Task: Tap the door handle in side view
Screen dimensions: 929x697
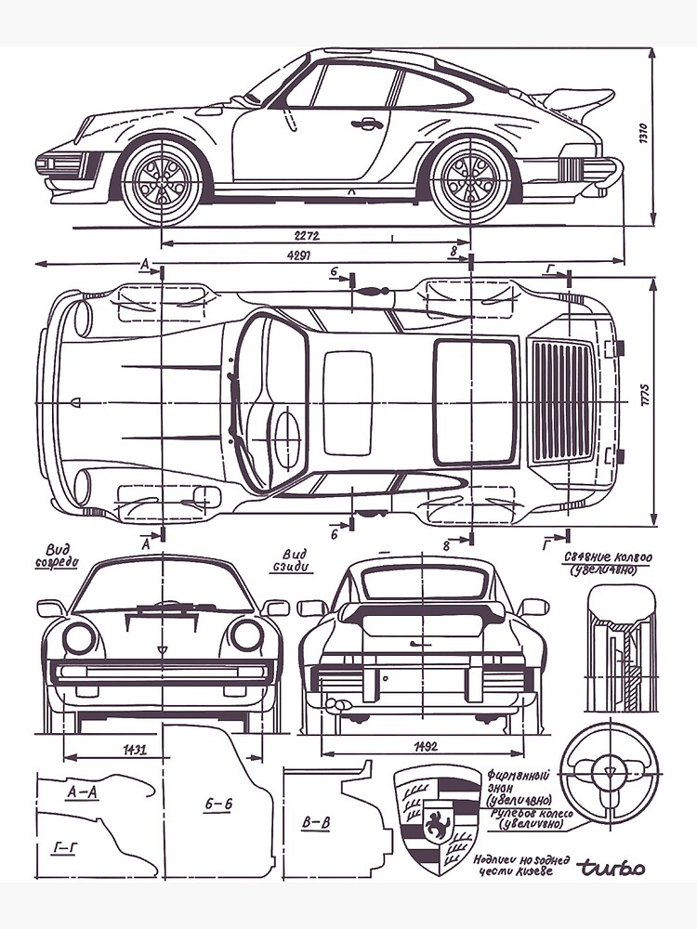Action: [x=367, y=123]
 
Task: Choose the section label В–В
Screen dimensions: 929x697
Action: [x=316, y=822]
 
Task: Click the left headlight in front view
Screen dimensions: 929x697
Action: [x=79, y=637]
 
